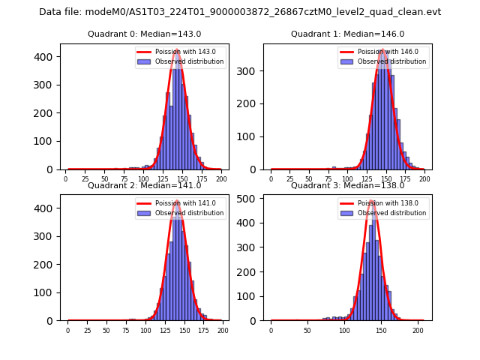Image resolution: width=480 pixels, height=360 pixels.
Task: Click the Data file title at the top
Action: pos(240,12)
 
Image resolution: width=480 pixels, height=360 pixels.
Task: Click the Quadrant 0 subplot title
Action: pos(144,34)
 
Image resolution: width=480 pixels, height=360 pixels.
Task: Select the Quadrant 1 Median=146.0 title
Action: pos(347,34)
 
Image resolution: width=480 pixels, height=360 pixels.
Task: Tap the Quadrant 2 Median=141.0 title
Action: pos(144,185)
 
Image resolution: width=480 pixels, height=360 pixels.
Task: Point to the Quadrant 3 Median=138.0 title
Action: pos(347,185)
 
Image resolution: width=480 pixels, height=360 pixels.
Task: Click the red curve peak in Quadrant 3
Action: pos(373,200)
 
